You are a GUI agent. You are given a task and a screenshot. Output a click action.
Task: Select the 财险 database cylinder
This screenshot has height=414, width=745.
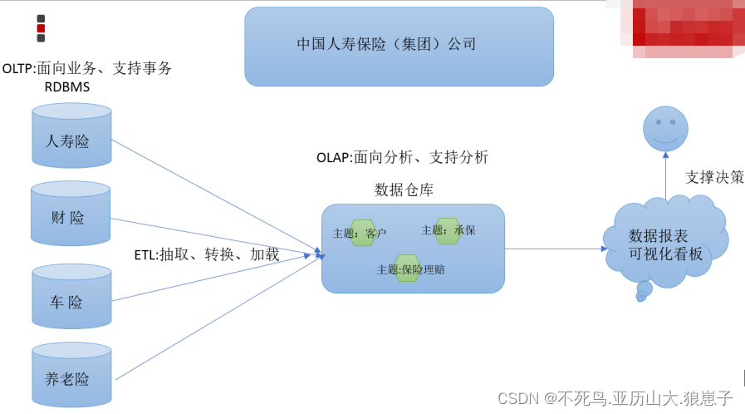point(71,214)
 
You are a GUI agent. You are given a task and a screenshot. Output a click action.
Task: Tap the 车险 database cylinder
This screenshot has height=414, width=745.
point(71,298)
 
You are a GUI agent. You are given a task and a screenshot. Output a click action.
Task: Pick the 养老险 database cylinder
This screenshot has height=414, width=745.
point(71,375)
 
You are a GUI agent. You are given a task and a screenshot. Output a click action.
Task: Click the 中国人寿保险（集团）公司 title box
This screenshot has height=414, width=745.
point(399,47)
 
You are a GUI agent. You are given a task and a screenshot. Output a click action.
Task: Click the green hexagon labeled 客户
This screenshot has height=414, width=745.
point(364,233)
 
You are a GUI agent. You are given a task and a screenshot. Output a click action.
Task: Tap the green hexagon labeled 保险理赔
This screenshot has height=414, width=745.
point(407,269)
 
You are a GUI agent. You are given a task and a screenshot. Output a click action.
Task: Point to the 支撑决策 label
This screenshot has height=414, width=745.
point(714,177)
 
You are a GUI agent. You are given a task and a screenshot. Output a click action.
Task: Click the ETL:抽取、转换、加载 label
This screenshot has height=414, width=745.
point(207,254)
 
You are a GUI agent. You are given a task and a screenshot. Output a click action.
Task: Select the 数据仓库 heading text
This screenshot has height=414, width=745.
point(404,190)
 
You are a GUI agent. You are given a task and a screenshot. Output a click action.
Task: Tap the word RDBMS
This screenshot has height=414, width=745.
point(67,86)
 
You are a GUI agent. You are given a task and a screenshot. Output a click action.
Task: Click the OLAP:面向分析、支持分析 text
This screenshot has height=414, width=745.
point(402,157)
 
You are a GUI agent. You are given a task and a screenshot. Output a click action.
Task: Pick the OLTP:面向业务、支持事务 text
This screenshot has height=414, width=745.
point(87,68)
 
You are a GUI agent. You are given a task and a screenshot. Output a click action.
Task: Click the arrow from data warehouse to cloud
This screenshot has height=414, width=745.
point(555,248)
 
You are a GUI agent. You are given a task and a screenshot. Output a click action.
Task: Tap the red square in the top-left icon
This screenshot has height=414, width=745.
point(41,28)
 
